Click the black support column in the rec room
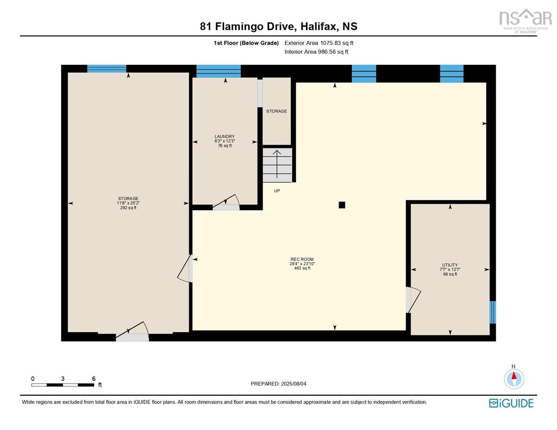(x=342, y=205)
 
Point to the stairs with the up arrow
(x=277, y=165)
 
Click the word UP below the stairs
(x=277, y=191)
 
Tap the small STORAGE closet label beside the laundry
(x=277, y=111)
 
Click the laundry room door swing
(x=227, y=202)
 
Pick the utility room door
(x=413, y=300)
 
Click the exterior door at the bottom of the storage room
(x=133, y=331)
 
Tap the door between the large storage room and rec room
(x=185, y=269)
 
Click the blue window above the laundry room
(x=219, y=71)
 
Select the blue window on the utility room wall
(x=492, y=312)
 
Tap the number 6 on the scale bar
(x=94, y=379)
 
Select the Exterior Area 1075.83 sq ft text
(x=319, y=43)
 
